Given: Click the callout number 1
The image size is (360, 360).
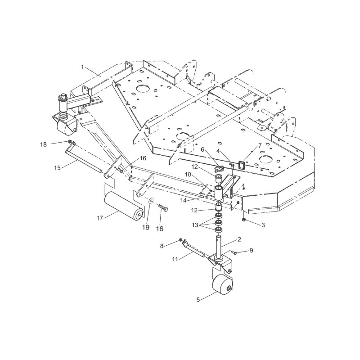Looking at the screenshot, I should [83, 67].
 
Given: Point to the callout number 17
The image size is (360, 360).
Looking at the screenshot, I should [100, 218].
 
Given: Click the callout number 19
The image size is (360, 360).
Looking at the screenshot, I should [146, 228].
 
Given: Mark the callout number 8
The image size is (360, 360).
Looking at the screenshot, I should [175, 245].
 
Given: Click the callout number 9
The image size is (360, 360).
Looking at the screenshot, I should [251, 250].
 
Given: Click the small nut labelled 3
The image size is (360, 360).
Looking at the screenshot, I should [243, 220].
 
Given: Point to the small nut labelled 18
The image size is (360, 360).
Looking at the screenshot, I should [70, 142].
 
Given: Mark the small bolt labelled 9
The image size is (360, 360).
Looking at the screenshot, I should [239, 253].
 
